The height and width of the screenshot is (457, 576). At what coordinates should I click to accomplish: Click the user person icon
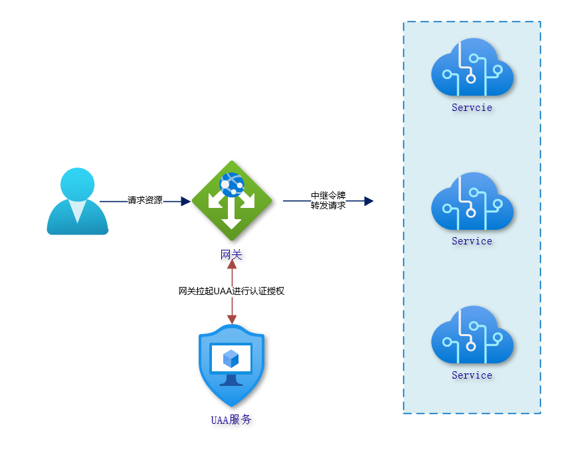(78, 201)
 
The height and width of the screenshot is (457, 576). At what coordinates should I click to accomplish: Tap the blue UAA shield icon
(231, 366)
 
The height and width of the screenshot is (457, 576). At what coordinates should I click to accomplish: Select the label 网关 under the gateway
(231, 254)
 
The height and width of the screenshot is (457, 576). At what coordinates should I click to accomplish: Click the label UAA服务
(231, 420)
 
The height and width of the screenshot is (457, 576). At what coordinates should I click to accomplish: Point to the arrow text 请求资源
(145, 200)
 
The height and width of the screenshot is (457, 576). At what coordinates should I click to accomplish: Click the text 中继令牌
(328, 196)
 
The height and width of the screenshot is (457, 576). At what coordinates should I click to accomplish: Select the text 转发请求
(328, 205)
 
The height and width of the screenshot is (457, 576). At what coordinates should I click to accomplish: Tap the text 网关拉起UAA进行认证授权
(231, 291)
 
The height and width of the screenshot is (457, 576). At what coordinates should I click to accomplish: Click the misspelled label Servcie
(472, 108)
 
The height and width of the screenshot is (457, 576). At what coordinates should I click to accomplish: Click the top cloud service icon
(472, 67)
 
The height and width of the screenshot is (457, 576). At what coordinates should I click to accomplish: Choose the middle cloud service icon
(472, 201)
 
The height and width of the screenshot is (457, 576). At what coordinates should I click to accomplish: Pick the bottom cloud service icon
(472, 335)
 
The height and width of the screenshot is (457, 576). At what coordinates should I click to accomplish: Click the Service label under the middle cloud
(472, 241)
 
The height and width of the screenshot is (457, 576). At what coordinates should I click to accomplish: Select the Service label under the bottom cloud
(472, 375)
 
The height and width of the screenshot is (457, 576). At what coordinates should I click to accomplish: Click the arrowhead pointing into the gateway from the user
(186, 201)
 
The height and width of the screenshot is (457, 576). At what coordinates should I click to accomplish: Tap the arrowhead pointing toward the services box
(369, 201)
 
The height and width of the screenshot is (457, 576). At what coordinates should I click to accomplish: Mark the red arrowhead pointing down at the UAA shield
(231, 320)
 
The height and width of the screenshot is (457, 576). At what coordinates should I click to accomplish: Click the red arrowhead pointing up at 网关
(231, 264)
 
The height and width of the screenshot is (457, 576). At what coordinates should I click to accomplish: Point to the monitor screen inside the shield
(231, 359)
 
